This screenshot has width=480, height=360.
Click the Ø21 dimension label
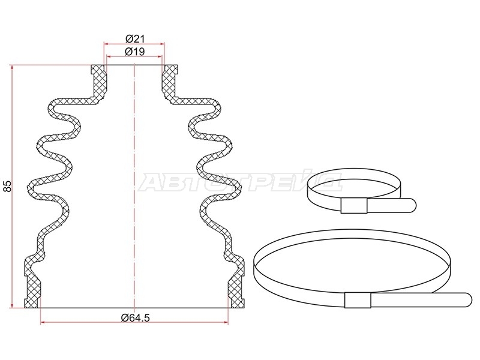point(134,39)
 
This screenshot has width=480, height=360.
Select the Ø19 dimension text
point(134,52)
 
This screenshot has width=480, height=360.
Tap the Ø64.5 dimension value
point(136,318)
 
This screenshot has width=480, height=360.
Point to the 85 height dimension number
point(7,186)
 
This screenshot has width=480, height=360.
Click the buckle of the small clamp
point(353,205)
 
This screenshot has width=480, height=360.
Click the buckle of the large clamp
point(358,300)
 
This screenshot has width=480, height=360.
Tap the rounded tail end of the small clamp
point(412,205)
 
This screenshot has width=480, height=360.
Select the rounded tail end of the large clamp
point(467,299)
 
